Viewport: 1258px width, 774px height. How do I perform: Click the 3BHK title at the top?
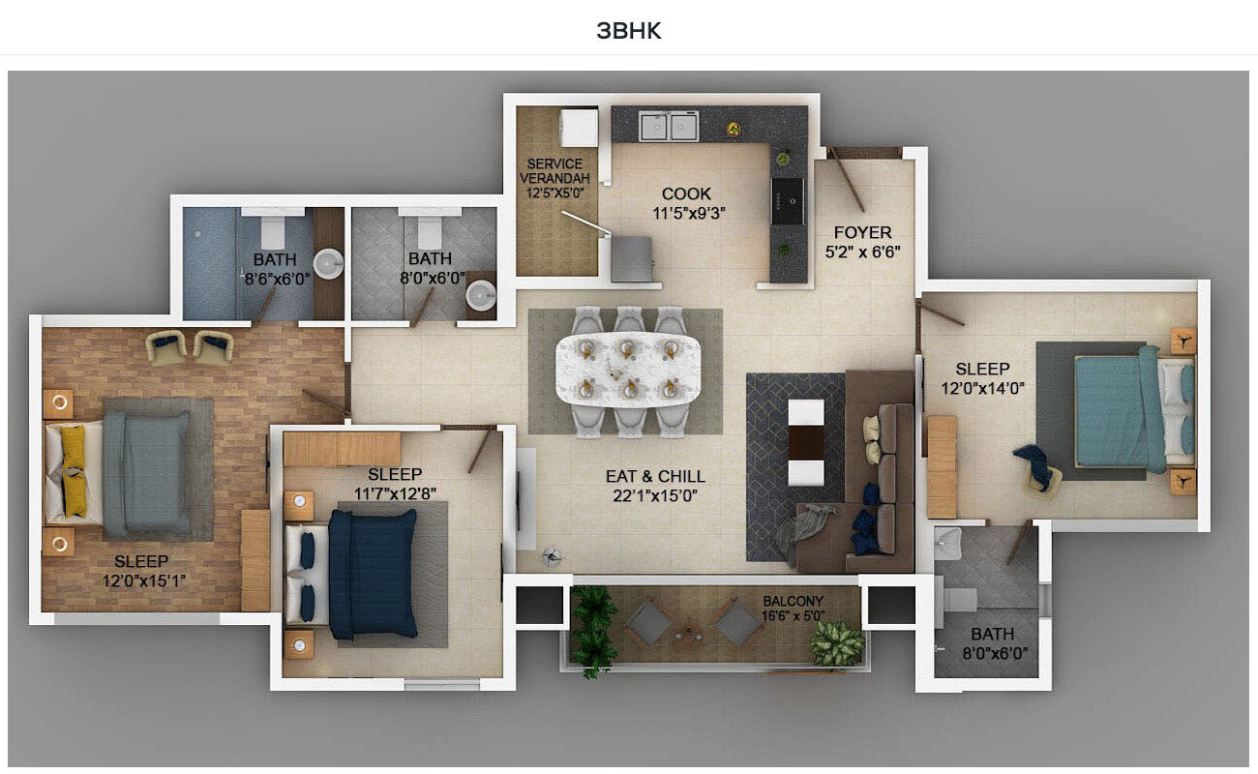(x=629, y=31)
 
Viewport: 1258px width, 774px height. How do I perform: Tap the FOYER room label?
(x=862, y=232)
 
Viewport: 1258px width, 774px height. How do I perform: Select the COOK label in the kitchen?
(x=686, y=193)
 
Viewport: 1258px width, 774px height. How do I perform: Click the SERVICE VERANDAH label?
(x=554, y=170)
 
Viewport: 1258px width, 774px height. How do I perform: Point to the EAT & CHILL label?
(x=655, y=476)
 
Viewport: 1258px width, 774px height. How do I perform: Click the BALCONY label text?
(x=793, y=601)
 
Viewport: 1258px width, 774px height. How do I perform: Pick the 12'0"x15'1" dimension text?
(x=144, y=580)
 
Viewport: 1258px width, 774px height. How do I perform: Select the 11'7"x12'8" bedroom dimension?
(x=395, y=493)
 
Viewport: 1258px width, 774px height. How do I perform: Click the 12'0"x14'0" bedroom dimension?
(x=983, y=388)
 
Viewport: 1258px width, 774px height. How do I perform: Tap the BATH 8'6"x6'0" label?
(x=276, y=269)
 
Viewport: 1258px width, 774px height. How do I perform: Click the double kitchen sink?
(x=669, y=127)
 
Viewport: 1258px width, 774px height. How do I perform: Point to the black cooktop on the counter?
(x=788, y=201)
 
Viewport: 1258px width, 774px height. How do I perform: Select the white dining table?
(x=628, y=368)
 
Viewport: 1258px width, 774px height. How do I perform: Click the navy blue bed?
(x=373, y=574)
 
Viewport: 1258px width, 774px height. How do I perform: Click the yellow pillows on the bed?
(x=74, y=471)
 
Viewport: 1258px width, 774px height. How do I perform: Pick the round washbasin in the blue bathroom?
(x=328, y=264)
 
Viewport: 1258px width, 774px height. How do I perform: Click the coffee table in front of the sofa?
(x=806, y=442)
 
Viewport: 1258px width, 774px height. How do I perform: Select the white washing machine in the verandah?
(x=579, y=128)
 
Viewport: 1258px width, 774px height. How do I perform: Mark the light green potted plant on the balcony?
(x=837, y=643)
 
